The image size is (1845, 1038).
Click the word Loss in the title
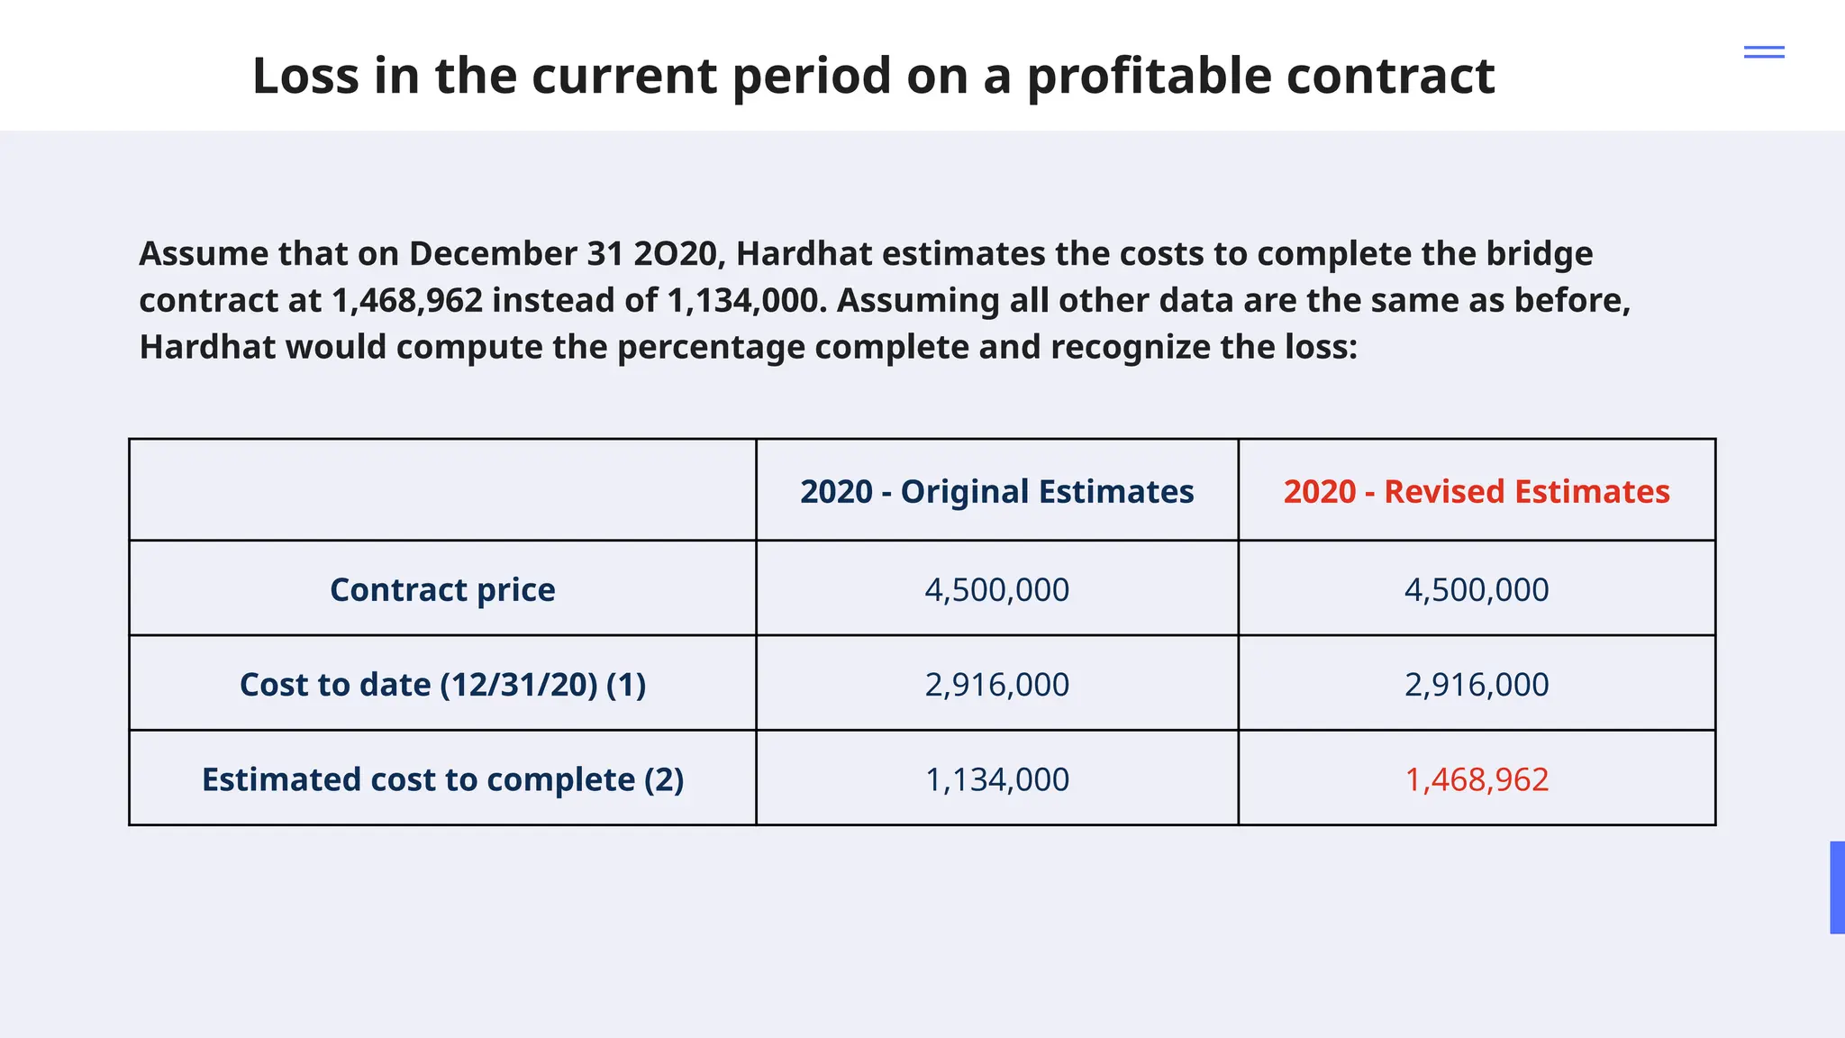[x=305, y=76]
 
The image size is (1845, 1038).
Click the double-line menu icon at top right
[x=1764, y=52]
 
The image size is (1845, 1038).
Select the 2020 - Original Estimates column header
[x=996, y=492]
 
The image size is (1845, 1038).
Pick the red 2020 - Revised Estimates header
[x=1476, y=492]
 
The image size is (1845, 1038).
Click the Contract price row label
[x=442, y=590]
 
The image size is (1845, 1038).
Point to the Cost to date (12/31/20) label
[x=442, y=685]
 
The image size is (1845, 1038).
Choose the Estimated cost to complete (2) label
[x=442, y=779]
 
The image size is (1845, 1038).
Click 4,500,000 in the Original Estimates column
[x=996, y=590]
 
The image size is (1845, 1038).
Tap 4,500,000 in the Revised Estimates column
[x=1476, y=590]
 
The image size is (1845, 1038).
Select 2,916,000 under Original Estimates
[x=996, y=685]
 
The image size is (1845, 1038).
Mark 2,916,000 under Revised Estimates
[x=1476, y=685]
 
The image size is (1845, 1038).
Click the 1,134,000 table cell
[x=996, y=779]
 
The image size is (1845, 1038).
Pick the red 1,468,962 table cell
[x=1476, y=779]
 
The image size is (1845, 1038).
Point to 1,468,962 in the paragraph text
[x=407, y=301]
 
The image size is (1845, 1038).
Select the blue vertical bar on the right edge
[x=1837, y=888]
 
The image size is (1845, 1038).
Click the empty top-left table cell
[x=442, y=490]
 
